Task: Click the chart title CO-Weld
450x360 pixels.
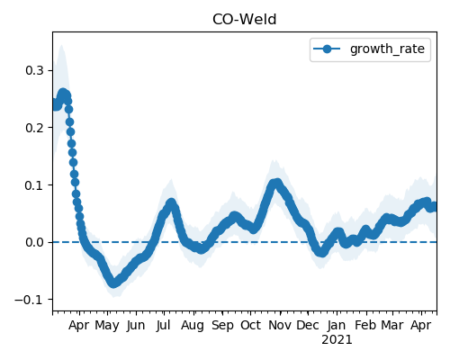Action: (x=244, y=20)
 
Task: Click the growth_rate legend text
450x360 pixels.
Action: (x=387, y=49)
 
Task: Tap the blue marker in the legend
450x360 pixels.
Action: (x=327, y=49)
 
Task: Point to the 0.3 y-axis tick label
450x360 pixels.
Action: (x=35, y=71)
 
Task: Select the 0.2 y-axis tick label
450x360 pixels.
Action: (x=35, y=128)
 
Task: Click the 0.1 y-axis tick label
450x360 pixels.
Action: (x=35, y=185)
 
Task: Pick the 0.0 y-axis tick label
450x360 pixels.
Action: (x=35, y=242)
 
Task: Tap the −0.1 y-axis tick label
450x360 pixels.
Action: (x=30, y=300)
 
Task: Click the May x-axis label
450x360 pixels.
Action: (x=107, y=326)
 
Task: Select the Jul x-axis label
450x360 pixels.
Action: (x=163, y=325)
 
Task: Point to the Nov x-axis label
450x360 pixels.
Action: (x=280, y=325)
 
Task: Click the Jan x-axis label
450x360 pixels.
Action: (x=337, y=325)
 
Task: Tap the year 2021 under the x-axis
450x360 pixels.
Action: (x=337, y=340)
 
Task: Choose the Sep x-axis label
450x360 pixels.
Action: (x=222, y=326)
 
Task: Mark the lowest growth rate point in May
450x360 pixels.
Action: (x=113, y=283)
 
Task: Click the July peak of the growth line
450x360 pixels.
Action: (x=171, y=203)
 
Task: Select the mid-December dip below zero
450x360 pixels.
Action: (x=321, y=252)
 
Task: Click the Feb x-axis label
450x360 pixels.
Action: (x=365, y=325)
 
